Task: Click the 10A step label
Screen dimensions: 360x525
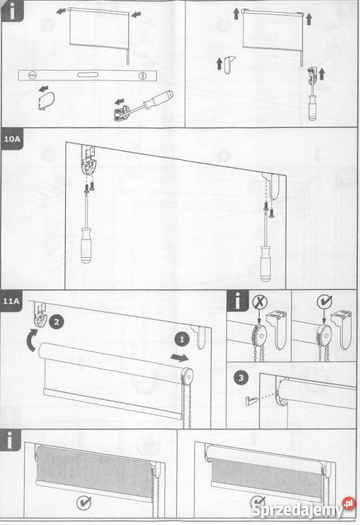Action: (12, 138)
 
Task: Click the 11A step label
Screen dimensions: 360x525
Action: (11, 301)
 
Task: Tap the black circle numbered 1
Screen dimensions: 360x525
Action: (182, 340)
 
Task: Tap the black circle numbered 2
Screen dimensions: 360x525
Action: (56, 322)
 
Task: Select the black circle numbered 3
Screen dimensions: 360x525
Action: (241, 378)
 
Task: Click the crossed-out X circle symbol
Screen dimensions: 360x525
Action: (260, 302)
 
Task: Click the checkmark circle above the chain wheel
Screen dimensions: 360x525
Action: (324, 302)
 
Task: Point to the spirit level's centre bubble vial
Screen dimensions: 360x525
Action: (88, 74)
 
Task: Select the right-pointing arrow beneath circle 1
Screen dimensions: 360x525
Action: (180, 358)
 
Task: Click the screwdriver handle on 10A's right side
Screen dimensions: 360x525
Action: (266, 264)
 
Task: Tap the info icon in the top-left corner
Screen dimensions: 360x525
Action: (12, 11)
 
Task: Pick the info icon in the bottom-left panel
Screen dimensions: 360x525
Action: (10, 440)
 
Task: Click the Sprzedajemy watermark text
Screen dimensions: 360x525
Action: (296, 510)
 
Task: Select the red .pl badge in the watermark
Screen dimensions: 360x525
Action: (348, 503)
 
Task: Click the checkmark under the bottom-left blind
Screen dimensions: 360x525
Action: (84, 502)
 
